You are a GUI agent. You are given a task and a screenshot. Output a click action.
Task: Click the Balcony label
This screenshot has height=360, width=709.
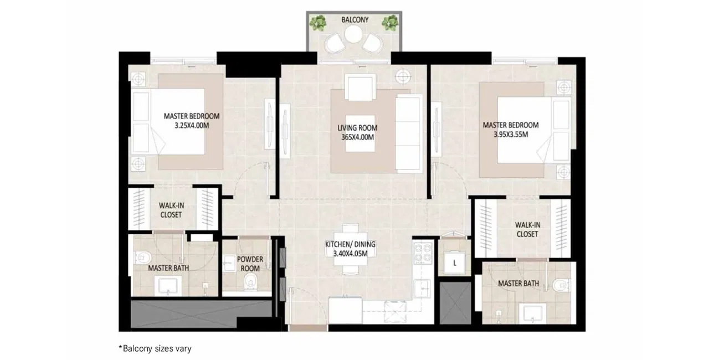click(x=355, y=20)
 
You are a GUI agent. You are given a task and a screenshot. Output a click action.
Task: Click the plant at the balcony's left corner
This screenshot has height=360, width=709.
click(x=318, y=23)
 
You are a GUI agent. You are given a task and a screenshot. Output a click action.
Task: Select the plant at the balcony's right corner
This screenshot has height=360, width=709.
click(x=390, y=23)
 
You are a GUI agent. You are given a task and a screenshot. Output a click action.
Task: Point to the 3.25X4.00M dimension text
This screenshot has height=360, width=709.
click(x=192, y=126)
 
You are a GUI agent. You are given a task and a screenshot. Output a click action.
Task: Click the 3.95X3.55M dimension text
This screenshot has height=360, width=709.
click(x=511, y=135)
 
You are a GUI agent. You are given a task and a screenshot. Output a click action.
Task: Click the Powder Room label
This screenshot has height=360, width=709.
click(x=250, y=264)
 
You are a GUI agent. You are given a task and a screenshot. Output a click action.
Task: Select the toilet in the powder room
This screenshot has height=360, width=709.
click(x=250, y=281)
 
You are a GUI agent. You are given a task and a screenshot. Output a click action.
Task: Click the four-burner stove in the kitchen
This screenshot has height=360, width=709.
click(x=423, y=253)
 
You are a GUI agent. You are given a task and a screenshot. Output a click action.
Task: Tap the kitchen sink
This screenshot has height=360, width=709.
click(x=422, y=288)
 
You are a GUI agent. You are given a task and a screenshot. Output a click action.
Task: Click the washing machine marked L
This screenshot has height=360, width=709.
click(x=455, y=262)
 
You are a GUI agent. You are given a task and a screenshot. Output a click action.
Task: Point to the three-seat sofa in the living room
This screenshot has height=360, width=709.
click(x=409, y=133)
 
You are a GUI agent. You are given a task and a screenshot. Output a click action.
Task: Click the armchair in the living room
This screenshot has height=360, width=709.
click(x=360, y=88)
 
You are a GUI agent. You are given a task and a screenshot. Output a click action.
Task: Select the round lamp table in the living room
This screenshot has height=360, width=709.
click(x=403, y=76)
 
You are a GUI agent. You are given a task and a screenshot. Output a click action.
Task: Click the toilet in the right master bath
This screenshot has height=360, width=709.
click(x=561, y=285)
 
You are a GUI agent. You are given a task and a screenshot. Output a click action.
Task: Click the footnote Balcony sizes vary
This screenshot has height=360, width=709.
click(x=155, y=348)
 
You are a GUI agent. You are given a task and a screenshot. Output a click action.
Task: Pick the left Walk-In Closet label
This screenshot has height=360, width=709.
click(x=171, y=210)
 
